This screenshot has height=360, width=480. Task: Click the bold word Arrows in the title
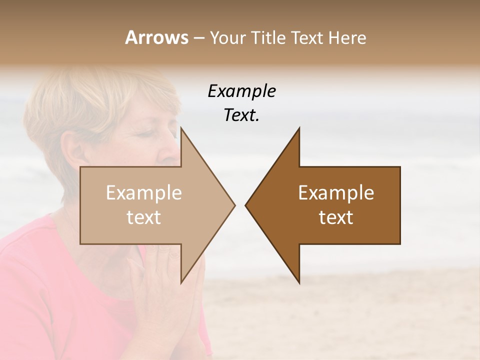[156, 37]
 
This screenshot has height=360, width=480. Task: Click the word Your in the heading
[225, 38]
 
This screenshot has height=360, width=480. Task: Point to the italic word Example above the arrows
[241, 91]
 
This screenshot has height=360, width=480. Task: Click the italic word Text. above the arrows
[241, 115]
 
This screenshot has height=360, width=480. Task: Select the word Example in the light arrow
[143, 192]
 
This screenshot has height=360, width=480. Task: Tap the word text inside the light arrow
[143, 217]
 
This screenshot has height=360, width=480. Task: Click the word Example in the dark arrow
[336, 192]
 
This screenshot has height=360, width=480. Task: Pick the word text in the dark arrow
[336, 217]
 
